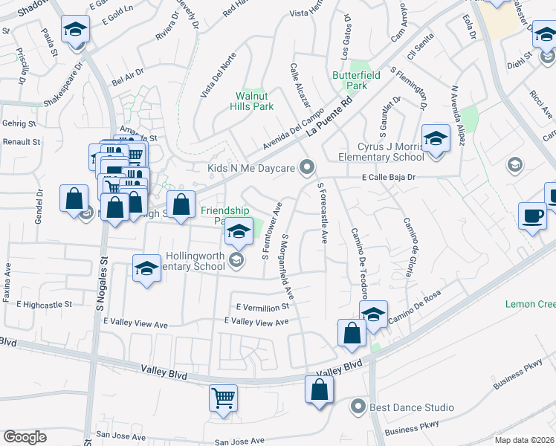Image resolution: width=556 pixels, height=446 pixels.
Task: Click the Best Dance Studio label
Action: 413,407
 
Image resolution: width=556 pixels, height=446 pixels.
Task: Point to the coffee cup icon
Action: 531,215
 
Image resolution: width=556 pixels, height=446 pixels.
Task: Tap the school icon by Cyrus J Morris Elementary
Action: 436,138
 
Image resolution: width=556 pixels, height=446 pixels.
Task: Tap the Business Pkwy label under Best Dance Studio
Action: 413,427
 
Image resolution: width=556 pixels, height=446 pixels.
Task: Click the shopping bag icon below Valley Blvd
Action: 319,390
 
